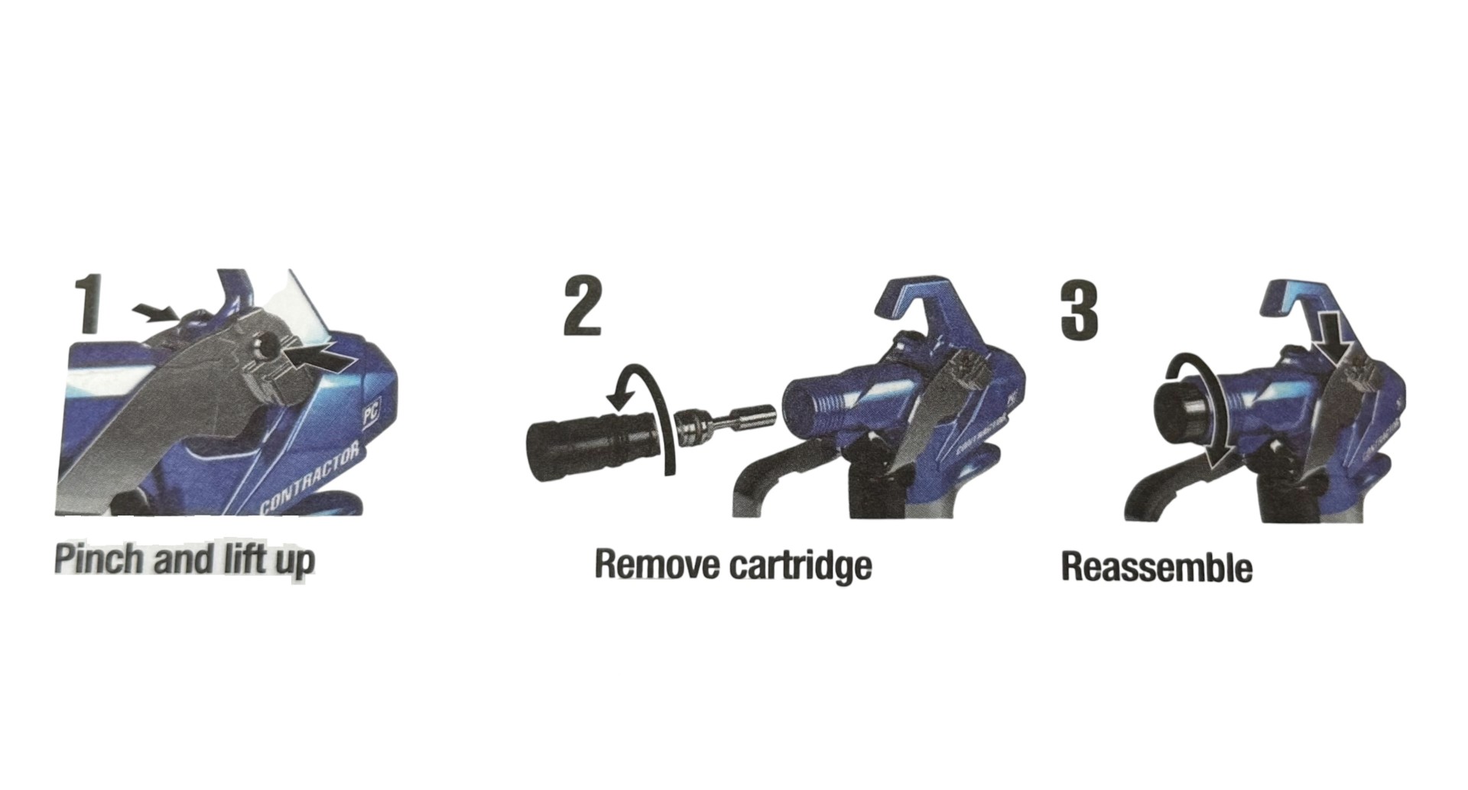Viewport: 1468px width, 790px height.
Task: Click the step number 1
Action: coord(89,304)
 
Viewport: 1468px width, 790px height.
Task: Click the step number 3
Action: coord(1080,310)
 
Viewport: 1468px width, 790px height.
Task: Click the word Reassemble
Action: coord(1157,568)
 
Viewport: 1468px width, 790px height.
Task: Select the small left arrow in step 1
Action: coord(155,310)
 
